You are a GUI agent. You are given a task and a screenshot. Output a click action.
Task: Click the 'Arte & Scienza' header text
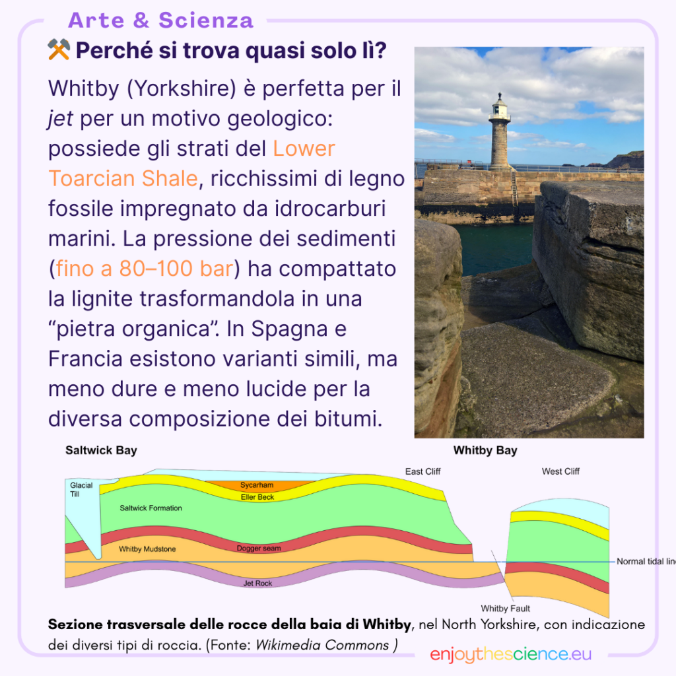click(160, 20)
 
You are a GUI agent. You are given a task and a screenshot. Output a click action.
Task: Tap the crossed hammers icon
click(59, 50)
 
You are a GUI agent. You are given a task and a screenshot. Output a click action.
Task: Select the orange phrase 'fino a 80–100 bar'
click(145, 269)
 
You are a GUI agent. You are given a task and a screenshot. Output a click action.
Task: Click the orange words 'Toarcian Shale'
click(123, 178)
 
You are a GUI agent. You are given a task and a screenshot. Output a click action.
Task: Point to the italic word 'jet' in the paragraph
click(60, 118)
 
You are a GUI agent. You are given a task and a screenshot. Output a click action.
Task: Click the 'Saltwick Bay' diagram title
click(101, 451)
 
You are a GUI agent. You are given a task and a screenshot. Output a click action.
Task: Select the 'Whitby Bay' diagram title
click(485, 451)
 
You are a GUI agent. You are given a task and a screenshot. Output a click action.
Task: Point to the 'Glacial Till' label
click(81, 489)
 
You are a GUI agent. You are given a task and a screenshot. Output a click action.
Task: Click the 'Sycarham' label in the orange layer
click(257, 485)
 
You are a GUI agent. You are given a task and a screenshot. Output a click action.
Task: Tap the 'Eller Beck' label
click(257, 497)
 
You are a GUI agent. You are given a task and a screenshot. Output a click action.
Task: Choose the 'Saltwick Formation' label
click(151, 508)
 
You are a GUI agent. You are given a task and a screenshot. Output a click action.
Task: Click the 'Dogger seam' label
click(259, 549)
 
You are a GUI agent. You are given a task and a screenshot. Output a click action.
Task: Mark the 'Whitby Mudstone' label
click(147, 549)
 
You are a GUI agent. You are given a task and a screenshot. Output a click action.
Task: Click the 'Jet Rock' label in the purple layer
click(257, 584)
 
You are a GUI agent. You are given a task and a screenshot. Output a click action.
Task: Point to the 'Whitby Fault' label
click(506, 609)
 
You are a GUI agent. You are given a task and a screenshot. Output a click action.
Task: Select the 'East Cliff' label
click(422, 471)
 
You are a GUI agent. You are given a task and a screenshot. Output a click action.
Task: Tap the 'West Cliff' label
click(560, 471)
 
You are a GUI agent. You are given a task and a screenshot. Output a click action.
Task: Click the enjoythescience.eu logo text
click(510, 654)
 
